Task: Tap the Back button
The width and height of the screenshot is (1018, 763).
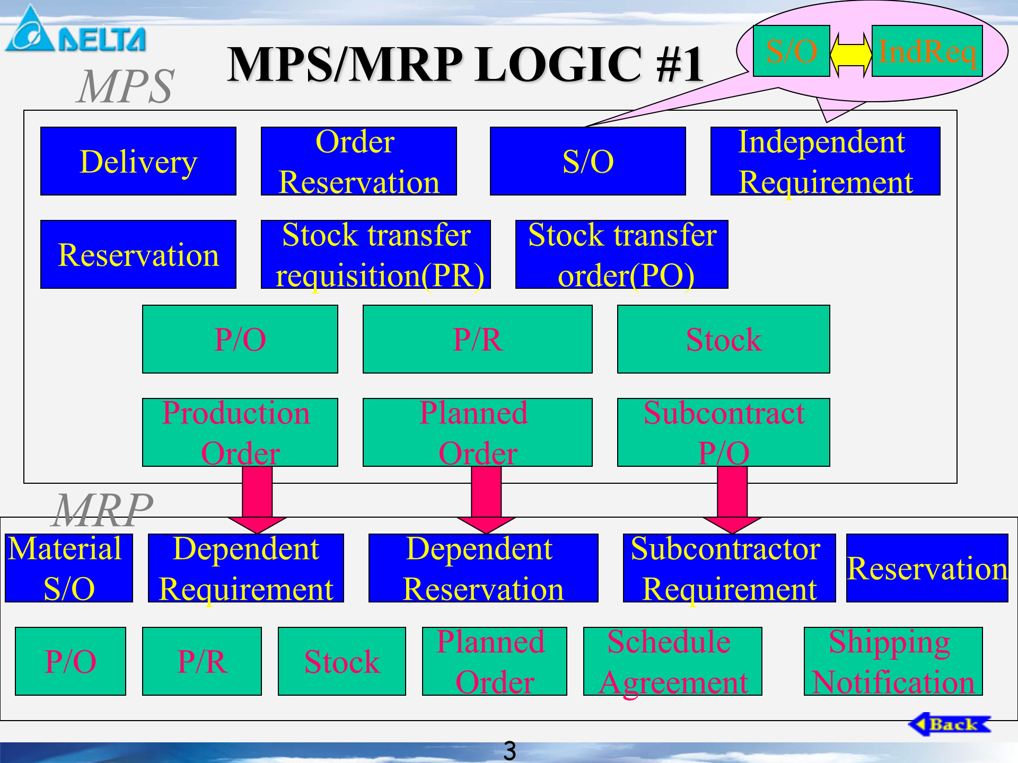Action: [949, 724]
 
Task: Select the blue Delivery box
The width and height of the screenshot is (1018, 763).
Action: [138, 161]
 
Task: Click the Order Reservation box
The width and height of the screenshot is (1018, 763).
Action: [359, 161]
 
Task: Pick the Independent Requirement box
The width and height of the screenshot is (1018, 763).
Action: [825, 161]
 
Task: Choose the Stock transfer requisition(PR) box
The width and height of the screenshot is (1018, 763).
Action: [376, 254]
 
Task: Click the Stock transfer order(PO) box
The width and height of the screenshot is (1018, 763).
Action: [621, 254]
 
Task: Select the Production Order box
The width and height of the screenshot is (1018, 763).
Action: [240, 432]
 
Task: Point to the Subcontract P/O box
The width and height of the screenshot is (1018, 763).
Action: [723, 432]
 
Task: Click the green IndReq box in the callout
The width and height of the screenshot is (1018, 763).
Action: [927, 51]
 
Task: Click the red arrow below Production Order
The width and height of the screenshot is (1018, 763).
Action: [257, 498]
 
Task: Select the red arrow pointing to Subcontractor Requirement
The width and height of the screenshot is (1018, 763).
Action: [732, 498]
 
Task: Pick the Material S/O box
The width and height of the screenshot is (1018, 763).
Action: [69, 568]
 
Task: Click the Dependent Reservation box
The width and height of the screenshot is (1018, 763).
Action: [483, 568]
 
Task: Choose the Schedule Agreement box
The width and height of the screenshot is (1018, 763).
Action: [672, 661]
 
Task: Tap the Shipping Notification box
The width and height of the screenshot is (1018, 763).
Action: [893, 661]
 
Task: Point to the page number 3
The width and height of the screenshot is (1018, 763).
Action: [510, 750]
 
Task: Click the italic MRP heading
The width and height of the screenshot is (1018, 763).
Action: [103, 510]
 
